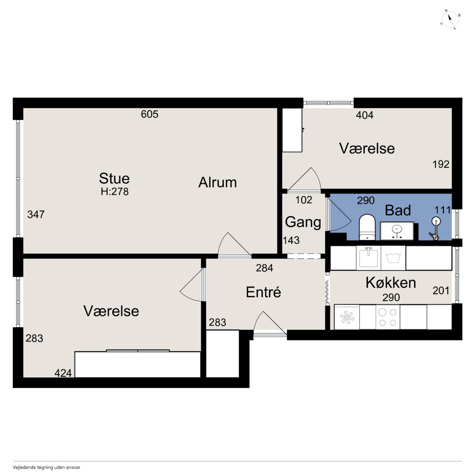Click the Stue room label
pyautogui.click(x=114, y=178)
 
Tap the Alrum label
pyautogui.click(x=217, y=183)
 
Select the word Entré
pyautogui.click(x=263, y=292)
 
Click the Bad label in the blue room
pyautogui.click(x=397, y=210)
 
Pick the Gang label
pyautogui.click(x=303, y=222)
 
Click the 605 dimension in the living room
pyautogui.click(x=150, y=114)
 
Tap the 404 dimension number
pyautogui.click(x=364, y=115)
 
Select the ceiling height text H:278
pyautogui.click(x=115, y=191)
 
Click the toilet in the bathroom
pyautogui.click(x=367, y=227)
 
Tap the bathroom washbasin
pyautogui.click(x=397, y=231)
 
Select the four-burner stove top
pyautogui.click(x=387, y=318)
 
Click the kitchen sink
pyautogui.click(x=368, y=258)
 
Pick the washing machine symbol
pyautogui.click(x=393, y=258)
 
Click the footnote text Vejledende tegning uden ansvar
pyautogui.click(x=46, y=467)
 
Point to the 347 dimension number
pyautogui.click(x=36, y=214)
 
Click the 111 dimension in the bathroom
pyautogui.click(x=442, y=210)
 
